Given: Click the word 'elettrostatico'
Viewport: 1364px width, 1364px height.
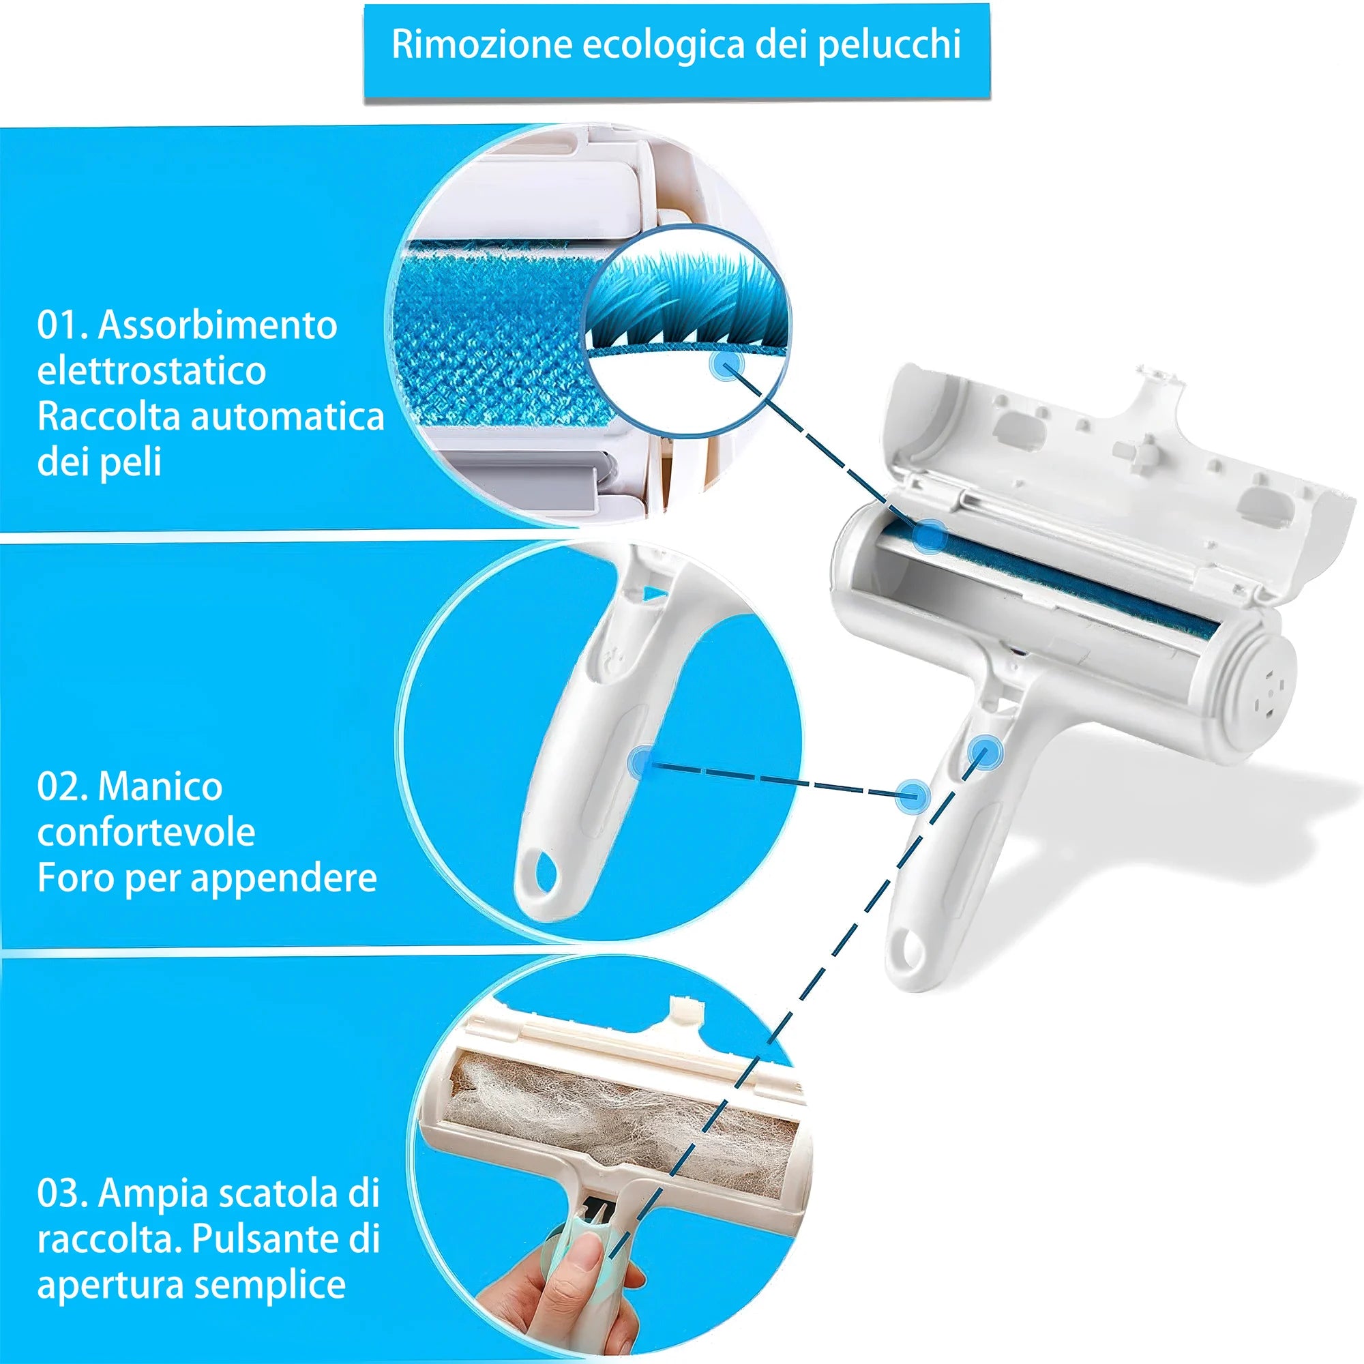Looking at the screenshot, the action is pyautogui.click(x=151, y=370).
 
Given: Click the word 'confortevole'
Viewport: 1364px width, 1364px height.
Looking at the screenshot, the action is pyautogui.click(x=146, y=832).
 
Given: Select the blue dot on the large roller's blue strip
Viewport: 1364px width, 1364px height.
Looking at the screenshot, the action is pyautogui.click(x=929, y=537).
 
